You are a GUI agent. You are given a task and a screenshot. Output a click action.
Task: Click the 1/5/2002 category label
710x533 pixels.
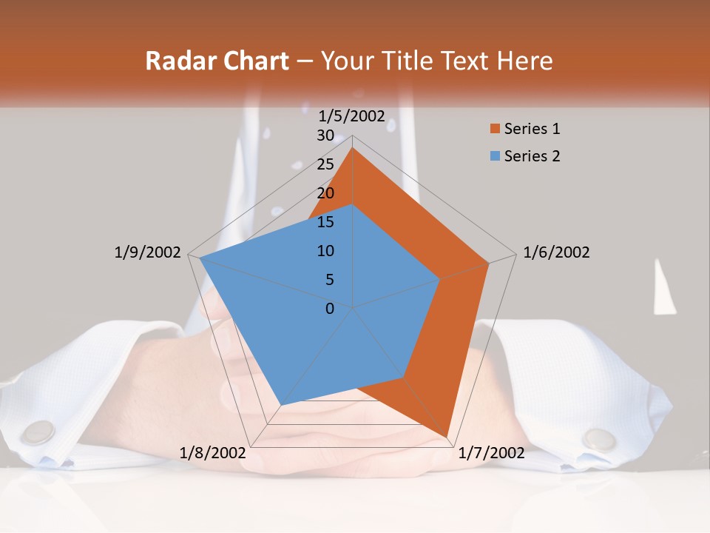click(x=352, y=115)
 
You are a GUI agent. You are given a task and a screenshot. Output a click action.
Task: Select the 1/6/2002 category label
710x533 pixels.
click(x=556, y=252)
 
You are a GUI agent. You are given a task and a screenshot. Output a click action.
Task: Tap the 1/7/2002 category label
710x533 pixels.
click(x=491, y=452)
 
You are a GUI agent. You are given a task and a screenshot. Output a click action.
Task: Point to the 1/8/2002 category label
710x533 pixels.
click(x=212, y=452)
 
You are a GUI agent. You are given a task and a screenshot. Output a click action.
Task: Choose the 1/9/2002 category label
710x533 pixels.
click(x=148, y=252)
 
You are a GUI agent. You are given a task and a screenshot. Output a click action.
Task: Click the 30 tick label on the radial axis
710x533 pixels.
click(x=325, y=135)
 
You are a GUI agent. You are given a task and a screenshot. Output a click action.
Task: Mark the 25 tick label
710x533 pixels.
click(x=325, y=164)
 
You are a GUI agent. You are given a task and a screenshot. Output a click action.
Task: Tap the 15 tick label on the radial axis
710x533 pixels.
click(x=325, y=222)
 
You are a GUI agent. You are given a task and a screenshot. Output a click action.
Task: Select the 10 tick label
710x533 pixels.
click(x=325, y=251)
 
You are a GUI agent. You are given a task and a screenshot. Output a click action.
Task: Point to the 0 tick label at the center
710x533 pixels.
click(x=330, y=309)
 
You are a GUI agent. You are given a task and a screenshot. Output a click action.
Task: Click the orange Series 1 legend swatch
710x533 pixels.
click(x=495, y=130)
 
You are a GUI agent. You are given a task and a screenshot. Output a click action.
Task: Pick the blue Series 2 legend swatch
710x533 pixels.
click(x=495, y=156)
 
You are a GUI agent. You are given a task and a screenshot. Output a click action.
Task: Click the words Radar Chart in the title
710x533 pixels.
click(x=217, y=61)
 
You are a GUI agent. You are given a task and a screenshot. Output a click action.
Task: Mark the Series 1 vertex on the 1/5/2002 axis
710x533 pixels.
click(x=353, y=148)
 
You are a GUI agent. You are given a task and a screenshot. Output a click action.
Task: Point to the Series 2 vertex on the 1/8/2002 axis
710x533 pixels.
click(x=281, y=405)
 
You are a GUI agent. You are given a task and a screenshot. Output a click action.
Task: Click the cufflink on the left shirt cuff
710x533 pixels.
click(x=37, y=432)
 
